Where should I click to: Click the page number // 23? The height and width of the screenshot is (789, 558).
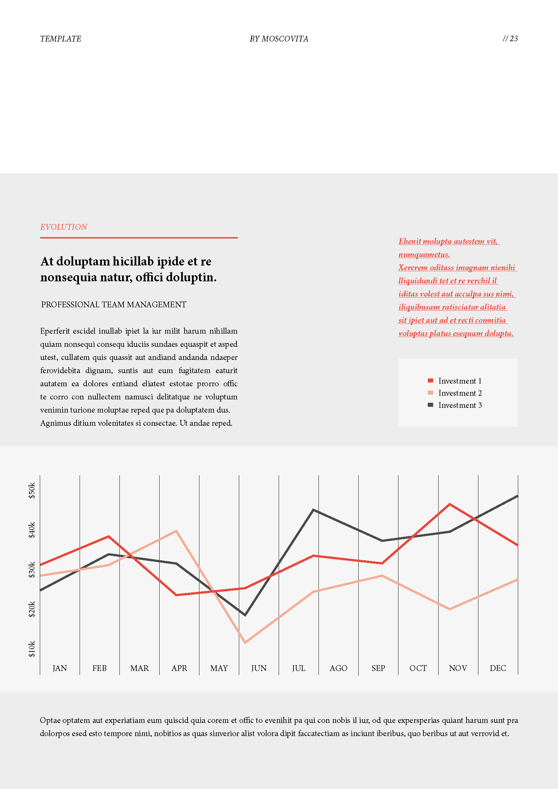point(510,38)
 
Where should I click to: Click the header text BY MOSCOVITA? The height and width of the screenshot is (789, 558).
point(279,39)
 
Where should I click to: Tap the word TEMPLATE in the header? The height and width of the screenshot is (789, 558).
point(60,39)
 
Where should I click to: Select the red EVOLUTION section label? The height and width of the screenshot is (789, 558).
point(63,227)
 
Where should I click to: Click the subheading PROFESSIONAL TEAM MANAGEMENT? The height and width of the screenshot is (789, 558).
point(113,305)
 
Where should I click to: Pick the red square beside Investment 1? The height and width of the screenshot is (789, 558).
point(430,381)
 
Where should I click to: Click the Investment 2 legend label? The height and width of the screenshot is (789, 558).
point(460,393)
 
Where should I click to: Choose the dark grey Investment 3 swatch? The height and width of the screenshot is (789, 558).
point(430,405)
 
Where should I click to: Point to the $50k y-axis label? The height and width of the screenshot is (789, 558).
point(32,490)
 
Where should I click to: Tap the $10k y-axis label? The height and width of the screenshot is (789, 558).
point(32,649)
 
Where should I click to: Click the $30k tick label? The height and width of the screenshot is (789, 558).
point(32,570)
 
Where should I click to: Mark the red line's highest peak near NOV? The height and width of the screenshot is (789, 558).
point(449,504)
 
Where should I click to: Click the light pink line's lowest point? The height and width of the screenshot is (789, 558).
point(245,642)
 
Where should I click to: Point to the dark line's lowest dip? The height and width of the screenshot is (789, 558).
point(245,614)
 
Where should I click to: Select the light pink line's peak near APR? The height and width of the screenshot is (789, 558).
point(176,531)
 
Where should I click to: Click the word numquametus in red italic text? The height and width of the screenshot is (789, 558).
point(424,255)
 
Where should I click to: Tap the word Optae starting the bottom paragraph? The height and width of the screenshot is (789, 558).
point(50,720)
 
